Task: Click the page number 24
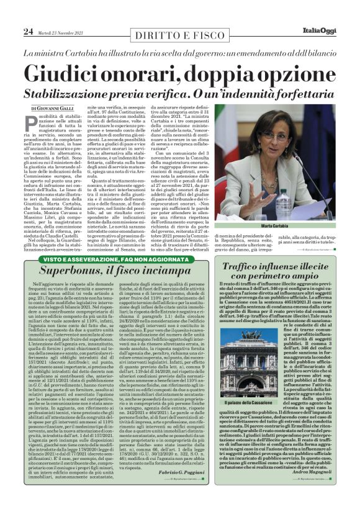pos(29,31)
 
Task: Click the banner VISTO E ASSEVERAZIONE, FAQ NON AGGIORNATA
pos(109,258)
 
